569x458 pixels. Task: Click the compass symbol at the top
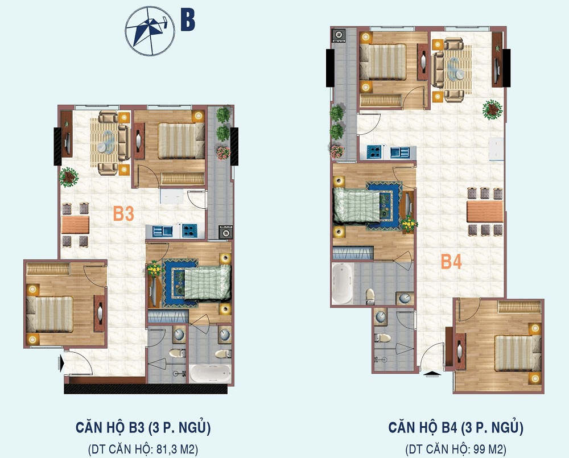150,31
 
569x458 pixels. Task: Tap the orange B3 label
123,214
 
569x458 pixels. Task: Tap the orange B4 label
451,262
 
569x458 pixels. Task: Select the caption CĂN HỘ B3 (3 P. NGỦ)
143,427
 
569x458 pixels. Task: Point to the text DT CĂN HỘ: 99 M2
456,449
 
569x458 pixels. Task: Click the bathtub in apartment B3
210,373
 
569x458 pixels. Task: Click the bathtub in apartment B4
342,283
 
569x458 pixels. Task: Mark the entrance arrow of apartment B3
61,362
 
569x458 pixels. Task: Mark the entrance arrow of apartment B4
432,373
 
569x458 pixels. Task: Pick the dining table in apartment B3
76,225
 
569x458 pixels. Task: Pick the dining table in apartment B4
485,212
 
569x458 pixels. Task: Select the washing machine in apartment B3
225,232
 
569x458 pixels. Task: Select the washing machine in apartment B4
338,35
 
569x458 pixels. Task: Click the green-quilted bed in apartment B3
208,283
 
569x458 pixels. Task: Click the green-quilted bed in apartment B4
357,205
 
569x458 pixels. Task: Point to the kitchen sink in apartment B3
163,231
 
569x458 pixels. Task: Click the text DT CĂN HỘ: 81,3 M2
143,449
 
